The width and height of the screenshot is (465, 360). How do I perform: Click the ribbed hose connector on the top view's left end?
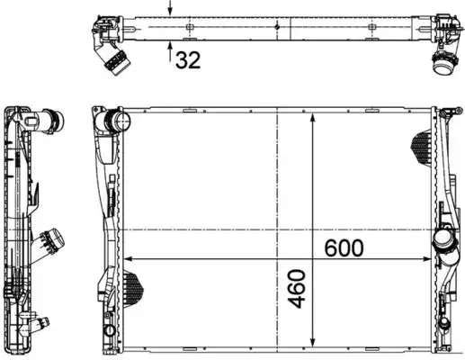tap(112, 61)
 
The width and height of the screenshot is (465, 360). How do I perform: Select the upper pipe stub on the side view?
tap(56, 121)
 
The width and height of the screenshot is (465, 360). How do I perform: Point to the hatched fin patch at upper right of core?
tap(424, 144)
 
